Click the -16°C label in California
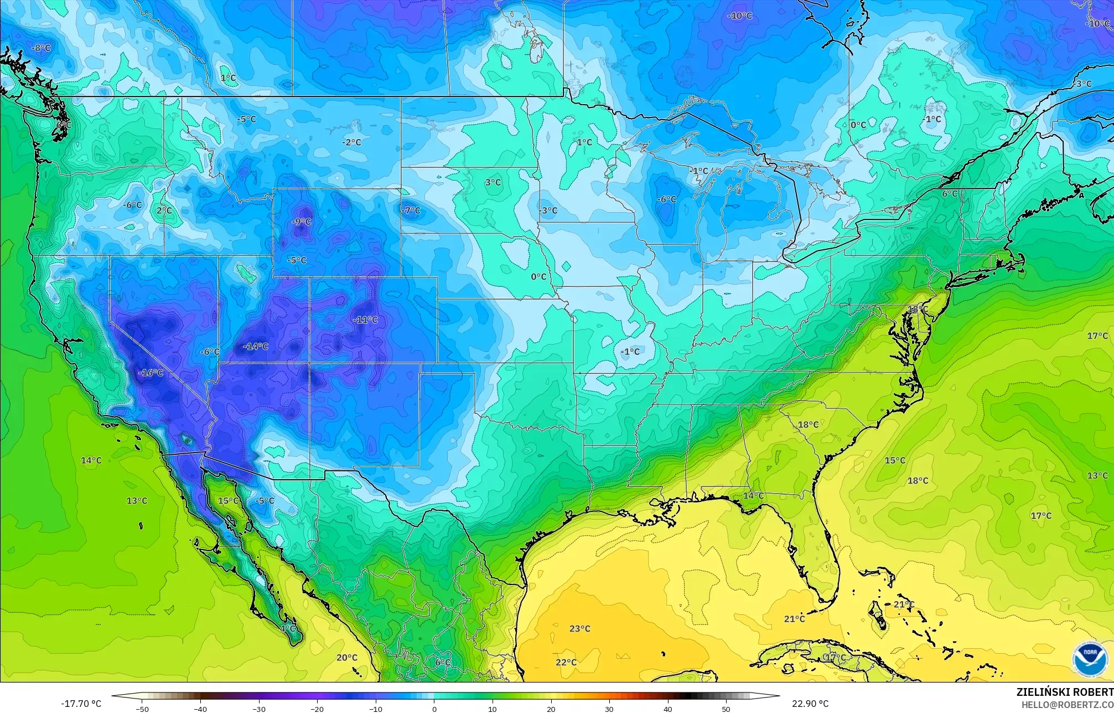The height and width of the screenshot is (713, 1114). click(x=151, y=373)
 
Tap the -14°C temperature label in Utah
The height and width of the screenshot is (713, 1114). click(x=256, y=346)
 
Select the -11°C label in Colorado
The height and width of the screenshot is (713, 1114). click(x=365, y=320)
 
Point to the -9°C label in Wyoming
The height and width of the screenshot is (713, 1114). click(x=301, y=222)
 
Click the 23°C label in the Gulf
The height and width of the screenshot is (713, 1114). click(x=580, y=628)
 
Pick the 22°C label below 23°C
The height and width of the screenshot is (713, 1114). click(x=566, y=662)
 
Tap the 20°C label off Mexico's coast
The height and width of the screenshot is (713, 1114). click(x=347, y=658)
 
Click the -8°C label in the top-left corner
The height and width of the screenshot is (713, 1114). click(x=40, y=48)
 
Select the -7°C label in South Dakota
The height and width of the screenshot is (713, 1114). click(x=411, y=211)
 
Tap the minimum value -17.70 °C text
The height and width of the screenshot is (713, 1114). click(x=81, y=704)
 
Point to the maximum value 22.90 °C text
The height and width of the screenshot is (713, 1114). click(x=810, y=704)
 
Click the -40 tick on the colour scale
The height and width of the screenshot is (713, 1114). click(x=201, y=709)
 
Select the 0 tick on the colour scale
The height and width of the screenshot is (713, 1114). click(x=434, y=709)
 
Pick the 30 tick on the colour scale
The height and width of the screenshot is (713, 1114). click(x=609, y=709)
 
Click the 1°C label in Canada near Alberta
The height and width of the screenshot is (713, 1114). click(x=228, y=78)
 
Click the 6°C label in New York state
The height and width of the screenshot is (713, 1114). click(x=950, y=193)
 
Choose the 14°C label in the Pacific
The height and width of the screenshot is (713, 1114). click(x=91, y=460)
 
